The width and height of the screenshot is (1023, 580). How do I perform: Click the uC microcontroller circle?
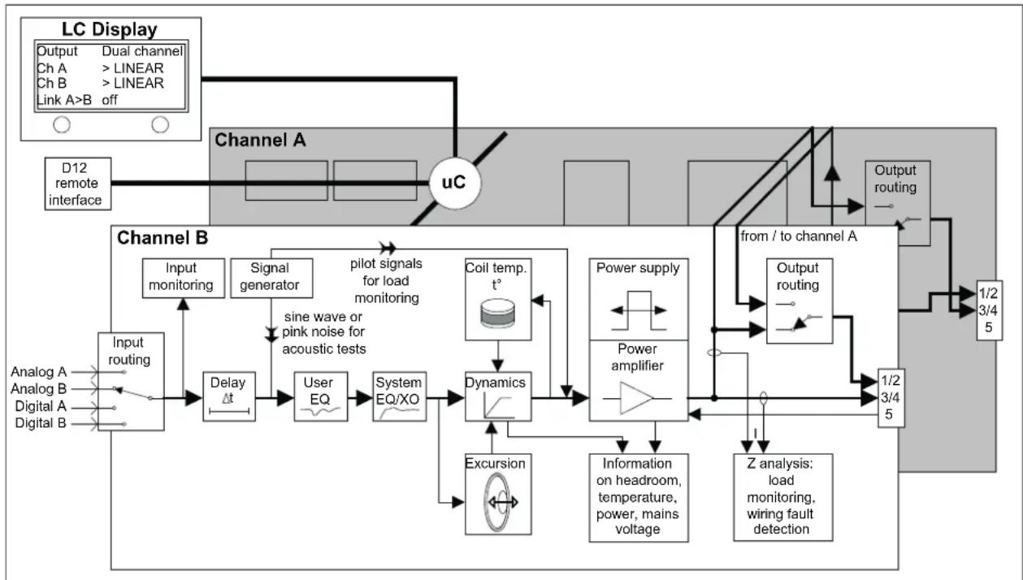tap(455, 183)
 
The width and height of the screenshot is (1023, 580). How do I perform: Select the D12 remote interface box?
tap(78, 184)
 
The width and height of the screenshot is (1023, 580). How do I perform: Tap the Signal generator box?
tap(271, 278)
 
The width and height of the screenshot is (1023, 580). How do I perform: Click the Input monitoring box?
tap(183, 278)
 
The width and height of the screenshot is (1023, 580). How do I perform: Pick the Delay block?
tap(229, 396)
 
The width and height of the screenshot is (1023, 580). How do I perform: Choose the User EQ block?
tap(321, 396)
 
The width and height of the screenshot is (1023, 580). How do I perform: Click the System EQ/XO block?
tap(399, 396)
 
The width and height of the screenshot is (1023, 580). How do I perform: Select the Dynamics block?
tap(498, 396)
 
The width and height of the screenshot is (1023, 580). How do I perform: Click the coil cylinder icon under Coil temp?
tap(498, 314)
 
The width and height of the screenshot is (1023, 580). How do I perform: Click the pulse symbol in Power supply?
tap(639, 310)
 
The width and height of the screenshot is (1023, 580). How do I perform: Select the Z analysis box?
tap(782, 497)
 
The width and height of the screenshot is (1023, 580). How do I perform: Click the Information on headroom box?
tap(639, 498)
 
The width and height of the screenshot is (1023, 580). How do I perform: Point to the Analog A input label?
tap(39, 372)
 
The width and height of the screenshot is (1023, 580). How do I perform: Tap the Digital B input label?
tap(41, 423)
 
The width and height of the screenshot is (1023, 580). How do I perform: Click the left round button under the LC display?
tap(62, 124)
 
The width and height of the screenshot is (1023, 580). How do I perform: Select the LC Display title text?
tap(110, 29)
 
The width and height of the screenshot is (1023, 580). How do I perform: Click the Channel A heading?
tap(260, 140)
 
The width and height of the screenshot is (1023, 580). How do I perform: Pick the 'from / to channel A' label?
tap(799, 236)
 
